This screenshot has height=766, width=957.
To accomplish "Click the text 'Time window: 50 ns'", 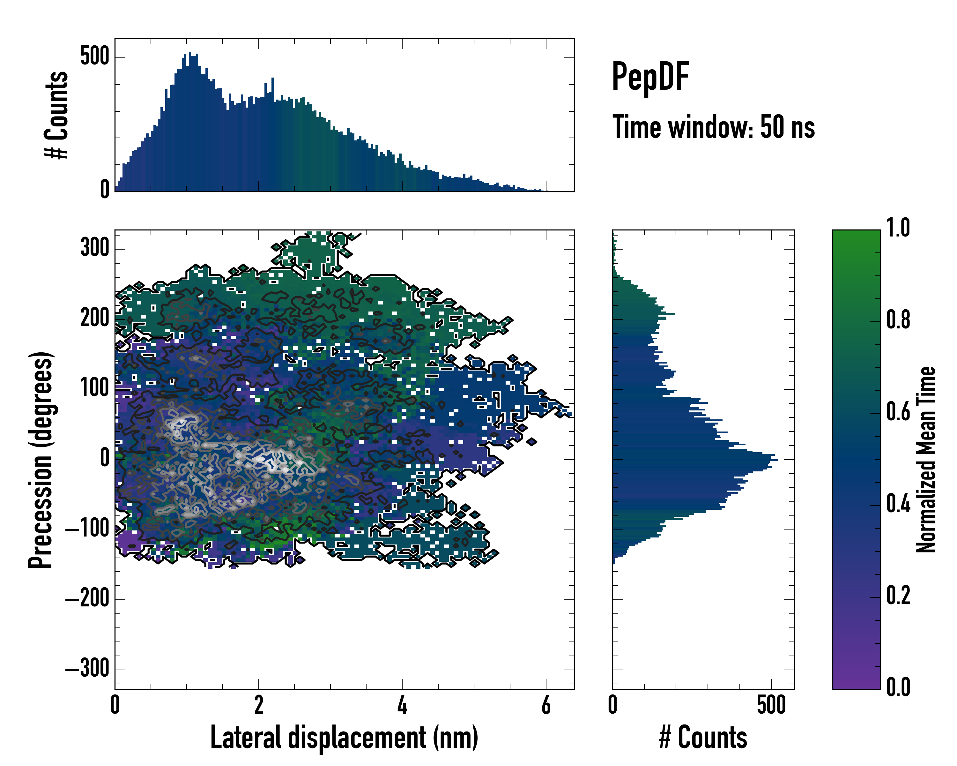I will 713,127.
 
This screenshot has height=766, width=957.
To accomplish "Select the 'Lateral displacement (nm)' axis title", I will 344,737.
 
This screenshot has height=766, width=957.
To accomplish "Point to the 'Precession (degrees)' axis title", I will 41,460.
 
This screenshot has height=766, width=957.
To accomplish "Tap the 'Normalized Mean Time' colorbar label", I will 926,460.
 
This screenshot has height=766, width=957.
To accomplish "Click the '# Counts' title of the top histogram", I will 56,115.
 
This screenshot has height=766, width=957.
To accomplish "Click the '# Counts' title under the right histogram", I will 703,737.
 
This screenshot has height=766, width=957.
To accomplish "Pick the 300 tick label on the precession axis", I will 95,247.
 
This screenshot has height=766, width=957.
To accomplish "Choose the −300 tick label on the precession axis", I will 88,668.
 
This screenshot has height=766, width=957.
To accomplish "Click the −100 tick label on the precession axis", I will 88,529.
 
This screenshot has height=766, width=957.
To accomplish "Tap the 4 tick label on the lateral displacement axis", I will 402,705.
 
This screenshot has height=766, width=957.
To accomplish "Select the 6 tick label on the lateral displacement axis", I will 546,705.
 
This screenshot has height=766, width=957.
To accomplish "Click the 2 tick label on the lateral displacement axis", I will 258,705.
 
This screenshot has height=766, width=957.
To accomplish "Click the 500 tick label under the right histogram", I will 771,705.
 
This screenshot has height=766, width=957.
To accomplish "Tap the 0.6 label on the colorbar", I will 898,412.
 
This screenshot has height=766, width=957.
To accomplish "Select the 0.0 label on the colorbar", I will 898,687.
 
